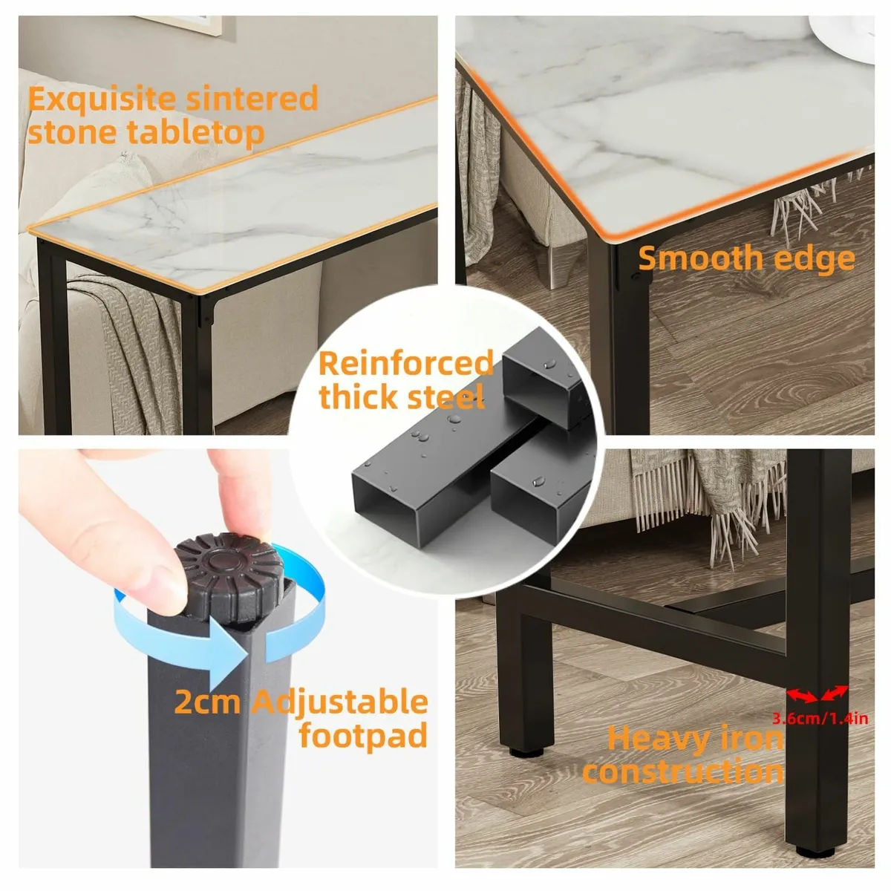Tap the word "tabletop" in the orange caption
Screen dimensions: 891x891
(x=196, y=133)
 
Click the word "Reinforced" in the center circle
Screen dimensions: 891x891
(x=406, y=363)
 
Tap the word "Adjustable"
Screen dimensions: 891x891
(x=341, y=702)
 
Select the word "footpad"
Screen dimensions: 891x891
(x=363, y=735)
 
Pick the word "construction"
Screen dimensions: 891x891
(x=683, y=772)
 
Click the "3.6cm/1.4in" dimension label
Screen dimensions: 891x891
(x=820, y=719)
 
